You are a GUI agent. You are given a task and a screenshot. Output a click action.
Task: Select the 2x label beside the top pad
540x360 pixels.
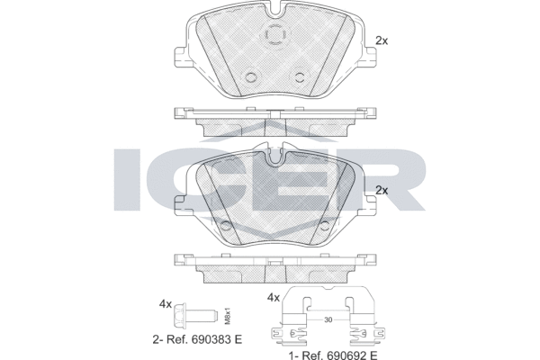[x=381, y=40]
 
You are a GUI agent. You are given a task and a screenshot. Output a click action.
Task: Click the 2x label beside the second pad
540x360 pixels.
[x=381, y=190]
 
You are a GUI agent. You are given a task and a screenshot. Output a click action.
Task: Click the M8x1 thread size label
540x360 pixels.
[x=228, y=315]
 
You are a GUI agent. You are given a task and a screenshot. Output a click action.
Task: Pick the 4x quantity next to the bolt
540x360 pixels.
[x=165, y=304]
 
